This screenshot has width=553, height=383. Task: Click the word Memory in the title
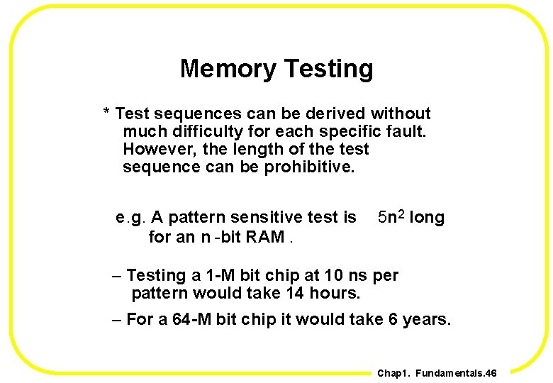228,69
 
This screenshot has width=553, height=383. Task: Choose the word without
401,113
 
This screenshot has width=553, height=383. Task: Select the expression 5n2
391,217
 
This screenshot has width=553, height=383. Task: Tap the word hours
335,293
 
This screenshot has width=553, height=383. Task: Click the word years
426,319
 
